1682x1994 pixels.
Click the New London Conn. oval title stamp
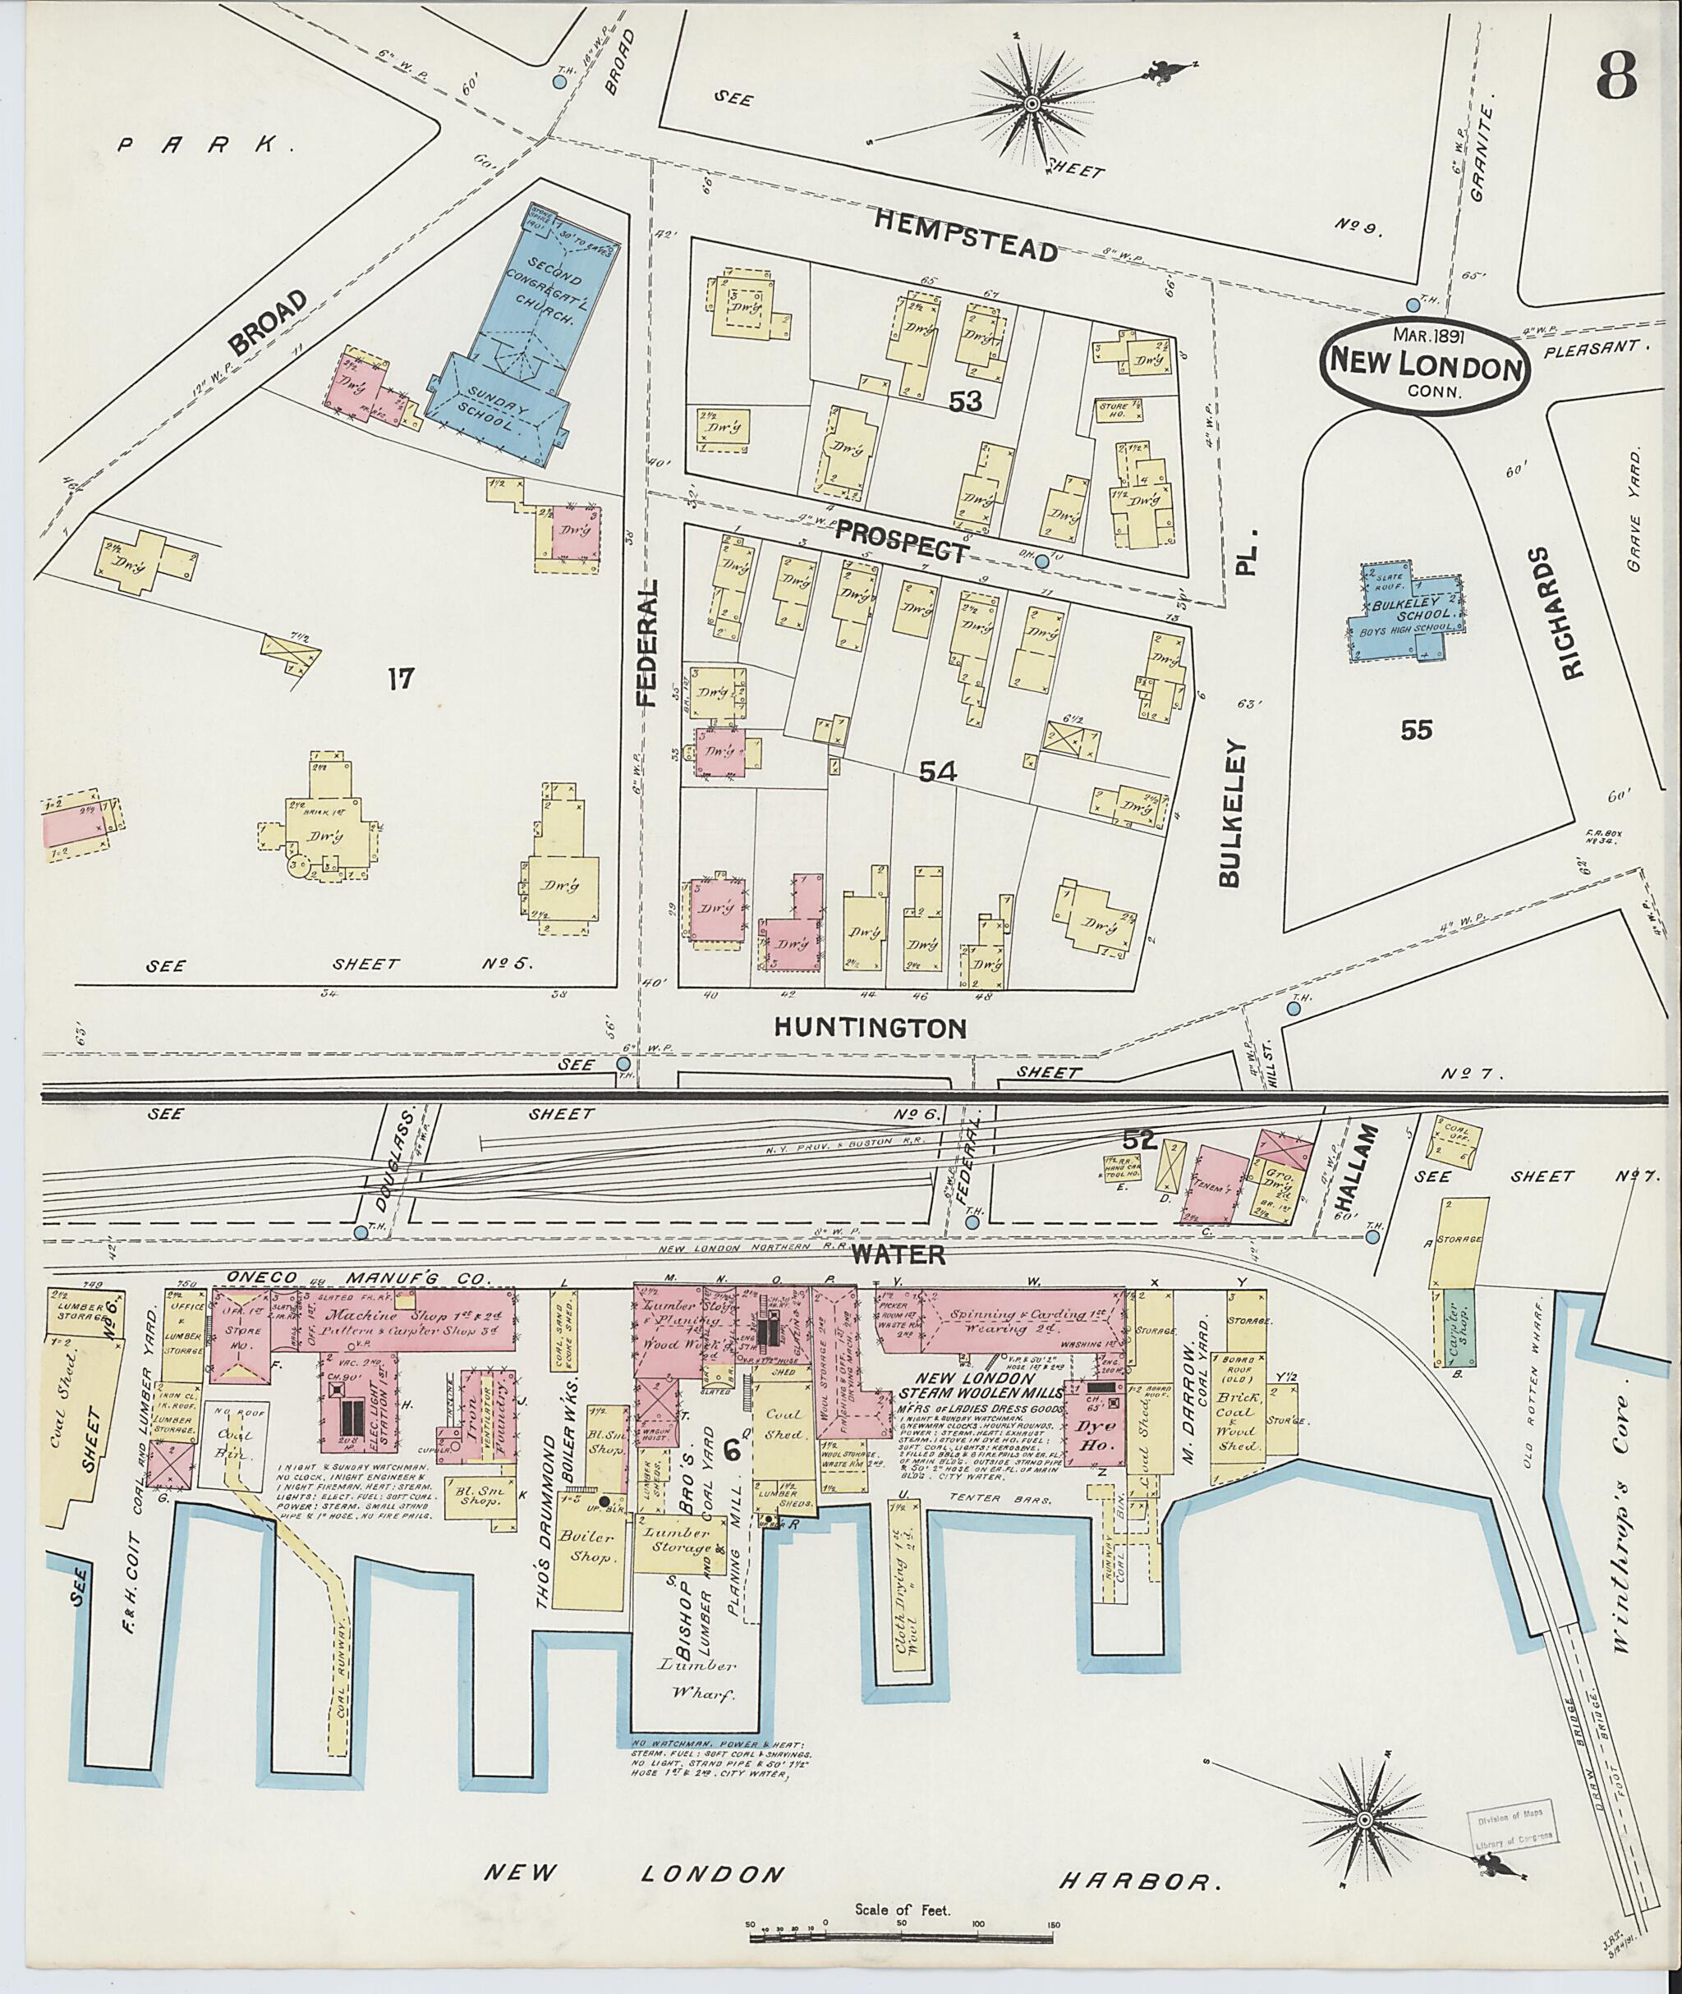1425,363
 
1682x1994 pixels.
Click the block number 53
965,401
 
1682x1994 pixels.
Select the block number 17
402,679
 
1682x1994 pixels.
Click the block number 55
1416,730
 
